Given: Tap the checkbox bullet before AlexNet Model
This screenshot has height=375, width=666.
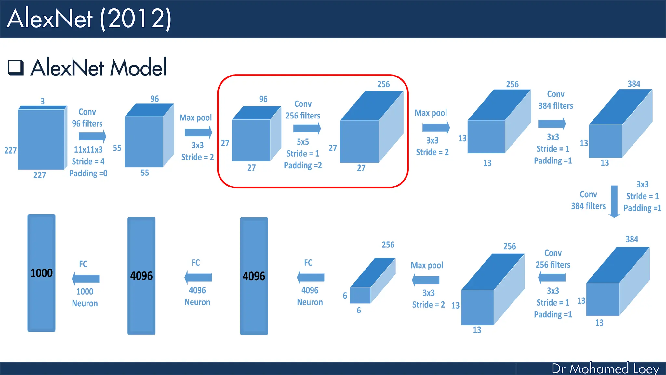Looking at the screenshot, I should [16, 67].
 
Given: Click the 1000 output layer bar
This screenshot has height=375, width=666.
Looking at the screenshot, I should [41, 273].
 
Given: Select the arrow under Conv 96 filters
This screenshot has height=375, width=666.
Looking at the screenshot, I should [92, 136].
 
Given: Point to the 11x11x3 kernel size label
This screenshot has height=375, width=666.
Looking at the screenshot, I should [88, 150].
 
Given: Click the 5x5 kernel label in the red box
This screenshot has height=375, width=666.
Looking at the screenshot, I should [303, 142].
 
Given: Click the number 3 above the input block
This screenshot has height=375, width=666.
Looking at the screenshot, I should [42, 101].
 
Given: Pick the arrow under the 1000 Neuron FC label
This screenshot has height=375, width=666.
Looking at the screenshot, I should [86, 279].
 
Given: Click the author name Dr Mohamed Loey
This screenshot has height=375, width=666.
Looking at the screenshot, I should [605, 368].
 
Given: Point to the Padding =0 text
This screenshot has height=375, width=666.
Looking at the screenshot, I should [88, 173].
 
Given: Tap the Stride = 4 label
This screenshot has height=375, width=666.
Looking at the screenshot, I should [88, 161].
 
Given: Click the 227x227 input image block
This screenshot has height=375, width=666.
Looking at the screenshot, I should [41, 139].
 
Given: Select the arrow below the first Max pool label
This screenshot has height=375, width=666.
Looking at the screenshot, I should [198, 132].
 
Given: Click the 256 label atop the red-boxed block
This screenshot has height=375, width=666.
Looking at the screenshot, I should [383, 84].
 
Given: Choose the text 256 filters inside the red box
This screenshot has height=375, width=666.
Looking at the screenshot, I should [303, 116].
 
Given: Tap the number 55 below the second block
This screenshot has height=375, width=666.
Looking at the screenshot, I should [145, 173].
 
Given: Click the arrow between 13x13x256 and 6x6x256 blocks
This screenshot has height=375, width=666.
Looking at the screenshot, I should [426, 280].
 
